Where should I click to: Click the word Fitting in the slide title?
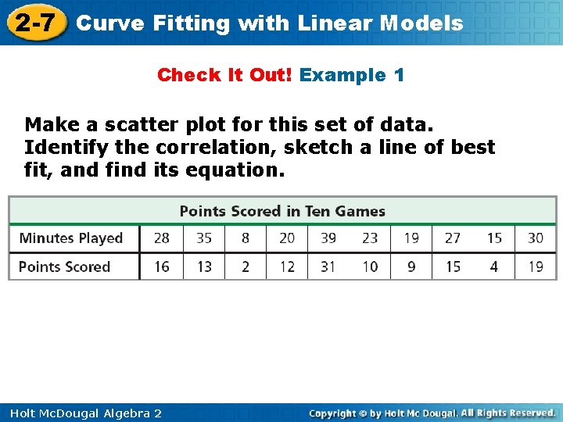192,23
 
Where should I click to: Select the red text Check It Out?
225,75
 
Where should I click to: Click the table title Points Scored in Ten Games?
282,211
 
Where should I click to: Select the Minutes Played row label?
71,238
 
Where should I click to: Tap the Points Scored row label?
65,266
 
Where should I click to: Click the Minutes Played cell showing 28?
162,238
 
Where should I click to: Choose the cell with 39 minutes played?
328,238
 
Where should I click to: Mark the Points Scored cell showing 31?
328,266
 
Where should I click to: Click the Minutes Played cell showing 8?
246,238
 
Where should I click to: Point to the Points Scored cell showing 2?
246,266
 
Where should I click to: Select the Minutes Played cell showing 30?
536,238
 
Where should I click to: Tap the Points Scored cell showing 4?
494,266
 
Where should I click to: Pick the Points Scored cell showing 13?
204,266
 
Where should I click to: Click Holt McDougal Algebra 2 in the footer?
82,413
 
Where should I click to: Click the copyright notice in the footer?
432,413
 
